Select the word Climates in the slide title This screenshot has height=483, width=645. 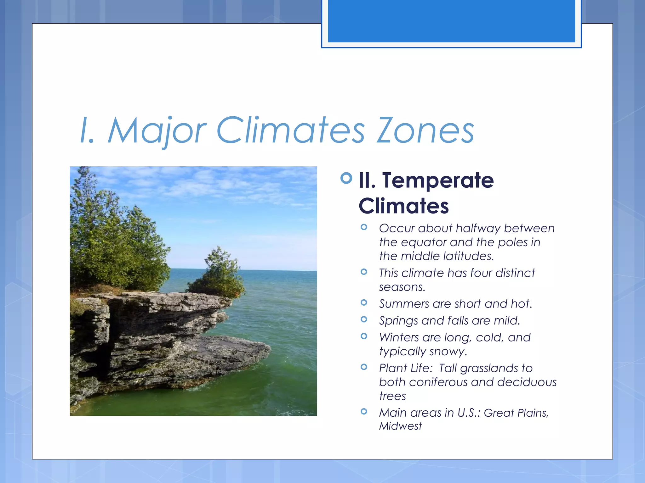coord(290,130)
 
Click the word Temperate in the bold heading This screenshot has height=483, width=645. coord(438,180)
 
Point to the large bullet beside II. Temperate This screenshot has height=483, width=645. coord(346,178)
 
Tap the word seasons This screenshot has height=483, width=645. coord(402,287)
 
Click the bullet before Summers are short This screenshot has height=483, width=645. coord(364,303)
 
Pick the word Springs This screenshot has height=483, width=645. coord(398,321)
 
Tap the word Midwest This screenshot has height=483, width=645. coord(400,426)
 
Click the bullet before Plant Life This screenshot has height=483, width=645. coord(364,367)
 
